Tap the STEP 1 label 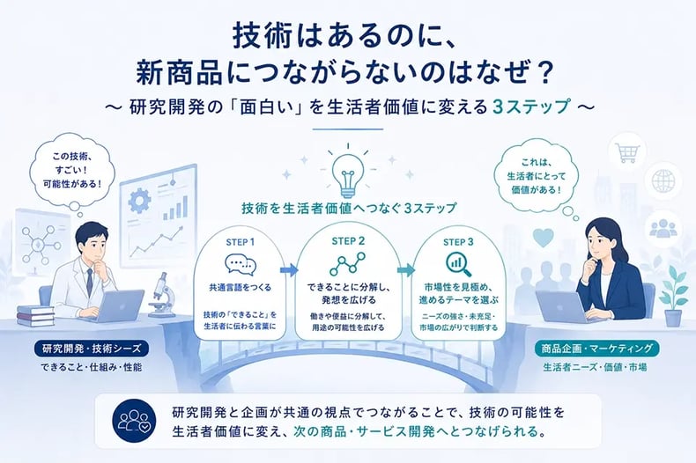point(241,242)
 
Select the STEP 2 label point(348,241)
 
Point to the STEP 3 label point(458,242)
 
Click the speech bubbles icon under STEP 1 point(241,264)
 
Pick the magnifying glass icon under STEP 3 point(458,264)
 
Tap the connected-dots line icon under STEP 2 point(347,263)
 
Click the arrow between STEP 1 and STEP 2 point(289,269)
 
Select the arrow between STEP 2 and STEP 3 point(405,269)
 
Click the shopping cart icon point(627,152)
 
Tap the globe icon point(663,181)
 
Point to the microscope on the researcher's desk point(160,295)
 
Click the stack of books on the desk point(35,315)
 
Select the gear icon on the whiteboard point(139,201)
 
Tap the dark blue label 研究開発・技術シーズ point(92,349)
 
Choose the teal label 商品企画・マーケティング point(597,349)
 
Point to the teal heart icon point(543,238)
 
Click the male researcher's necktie point(89,281)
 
